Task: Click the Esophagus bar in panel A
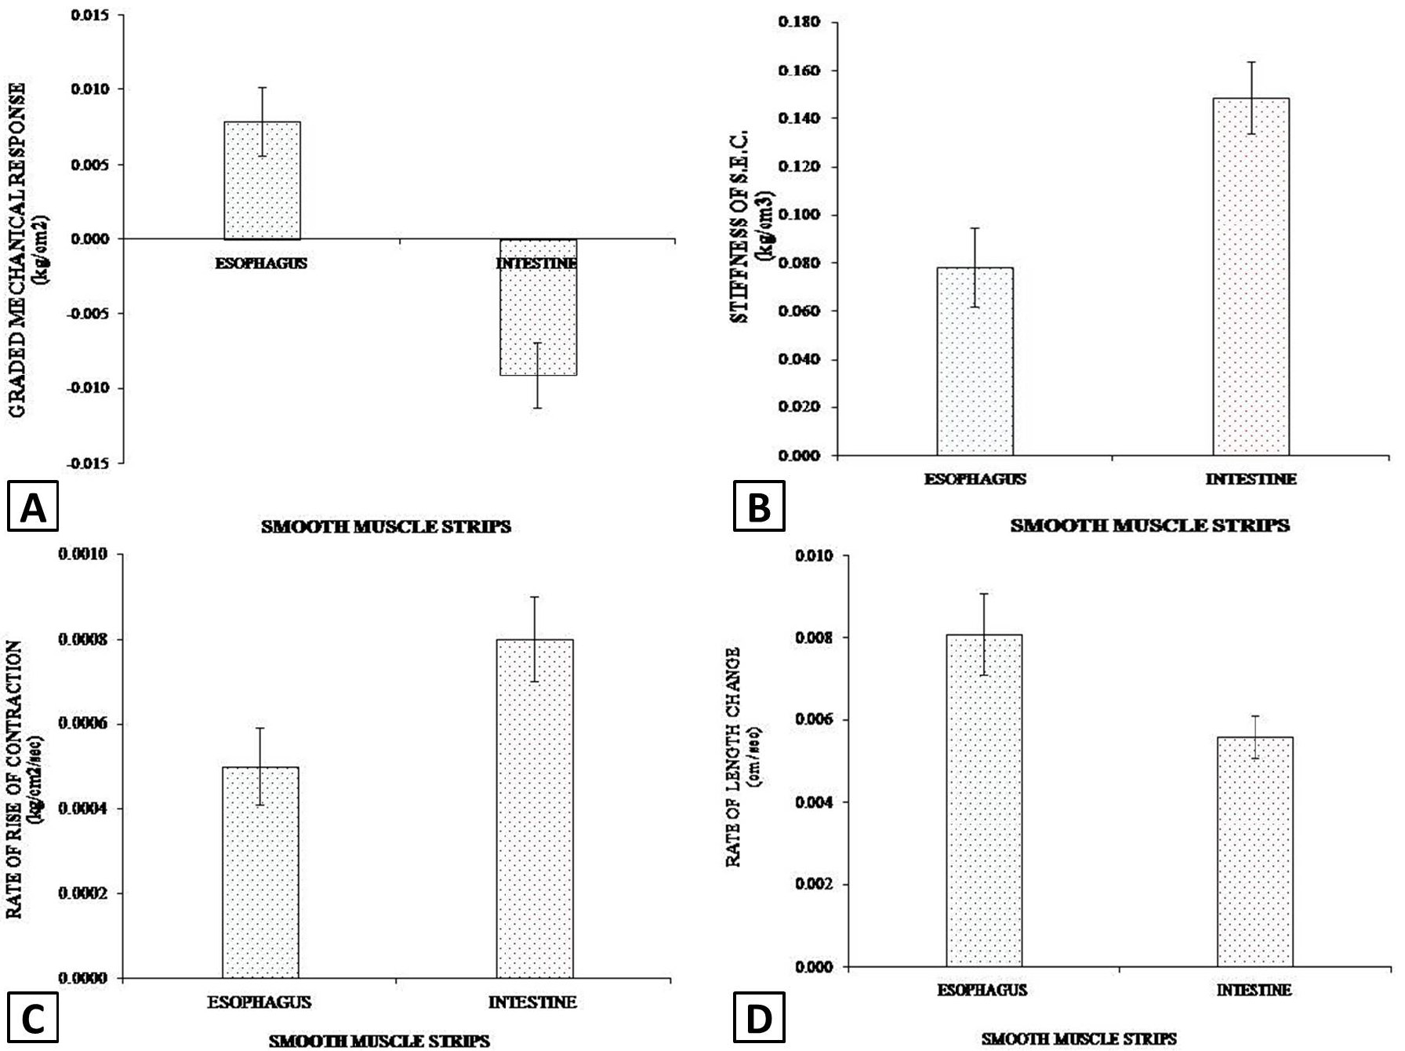pos(262,180)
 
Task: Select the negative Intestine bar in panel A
pos(539,307)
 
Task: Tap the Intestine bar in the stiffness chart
pos(1251,277)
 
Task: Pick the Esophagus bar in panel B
pos(975,362)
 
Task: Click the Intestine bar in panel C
pos(535,809)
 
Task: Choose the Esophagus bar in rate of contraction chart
pos(260,873)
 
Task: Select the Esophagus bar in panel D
pos(984,801)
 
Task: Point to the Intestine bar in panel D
pos(1254,852)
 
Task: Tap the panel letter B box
pos(758,507)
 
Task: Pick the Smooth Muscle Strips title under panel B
pos(1149,525)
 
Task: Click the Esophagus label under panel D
pos(982,991)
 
